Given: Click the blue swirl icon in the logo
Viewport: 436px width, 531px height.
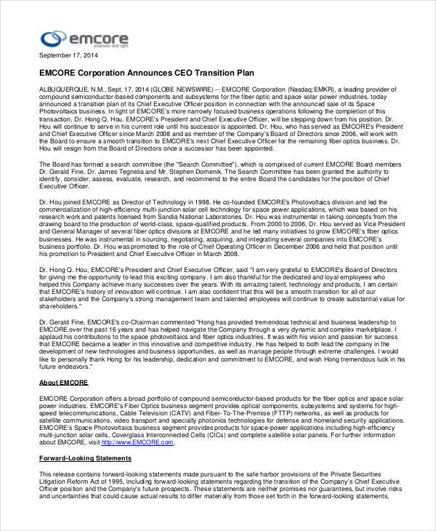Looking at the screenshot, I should pos(54,38).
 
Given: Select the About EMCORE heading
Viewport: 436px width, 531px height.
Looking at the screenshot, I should pos(63,383).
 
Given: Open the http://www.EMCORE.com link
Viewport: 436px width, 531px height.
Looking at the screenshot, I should pos(138,442).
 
